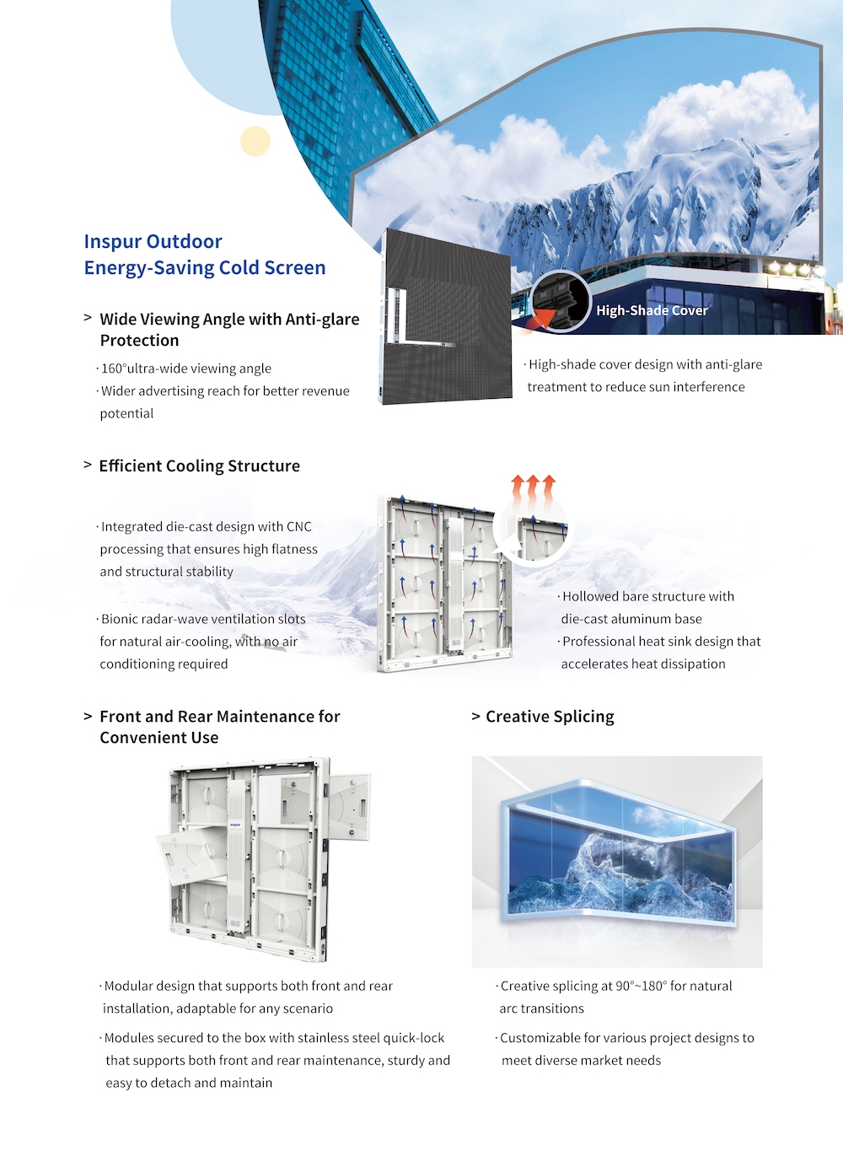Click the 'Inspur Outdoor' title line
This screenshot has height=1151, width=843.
(x=153, y=242)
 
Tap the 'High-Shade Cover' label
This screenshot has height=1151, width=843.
(x=652, y=310)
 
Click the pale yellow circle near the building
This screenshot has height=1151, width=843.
(x=255, y=141)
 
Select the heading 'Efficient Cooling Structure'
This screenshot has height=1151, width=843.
(x=199, y=466)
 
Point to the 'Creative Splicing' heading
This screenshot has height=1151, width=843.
(x=550, y=717)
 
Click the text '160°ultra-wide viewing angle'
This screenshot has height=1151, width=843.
(x=186, y=368)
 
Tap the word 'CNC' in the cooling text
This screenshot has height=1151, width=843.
(x=299, y=527)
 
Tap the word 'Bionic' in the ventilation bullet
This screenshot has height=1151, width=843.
(x=121, y=619)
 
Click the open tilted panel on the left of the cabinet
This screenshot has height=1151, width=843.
(x=191, y=856)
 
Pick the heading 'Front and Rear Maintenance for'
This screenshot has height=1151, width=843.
(x=219, y=717)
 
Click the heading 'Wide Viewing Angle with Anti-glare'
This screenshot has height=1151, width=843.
(x=229, y=320)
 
